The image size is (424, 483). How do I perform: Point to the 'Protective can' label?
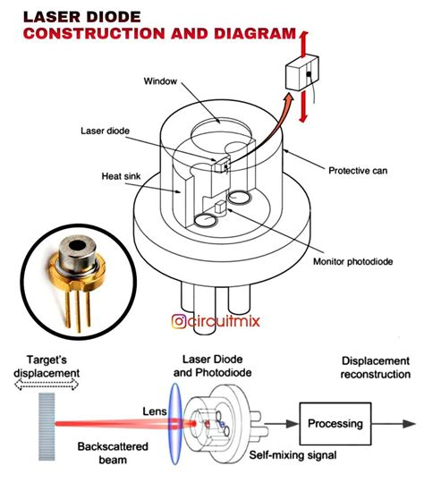(359, 171)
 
